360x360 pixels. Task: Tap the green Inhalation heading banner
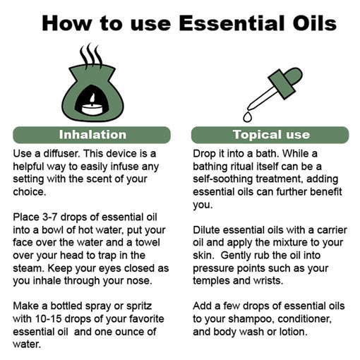click(x=92, y=134)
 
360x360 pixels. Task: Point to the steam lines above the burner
click(x=90, y=54)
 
